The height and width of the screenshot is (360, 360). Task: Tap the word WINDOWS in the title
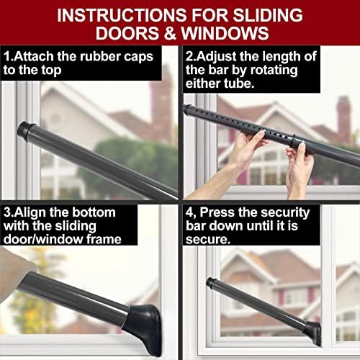coord(225,33)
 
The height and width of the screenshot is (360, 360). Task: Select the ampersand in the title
coord(170,33)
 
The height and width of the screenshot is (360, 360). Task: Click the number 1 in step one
coord(7,57)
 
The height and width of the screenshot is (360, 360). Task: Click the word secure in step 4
coord(206,240)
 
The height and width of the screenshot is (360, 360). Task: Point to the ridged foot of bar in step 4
coord(314,333)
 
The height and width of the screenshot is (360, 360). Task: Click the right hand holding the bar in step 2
coord(299,166)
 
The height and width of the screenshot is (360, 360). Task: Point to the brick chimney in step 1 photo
coord(161,106)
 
